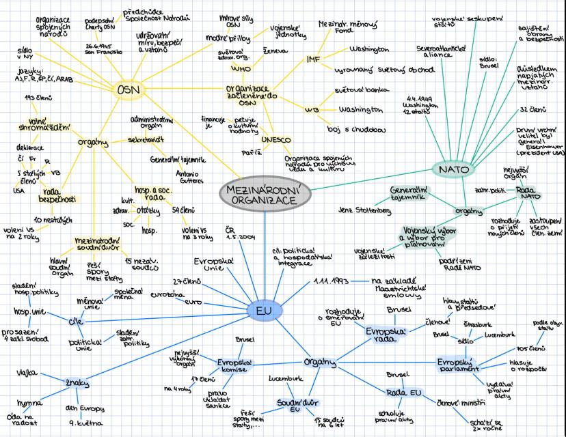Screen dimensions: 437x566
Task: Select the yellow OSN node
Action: (x=128, y=89)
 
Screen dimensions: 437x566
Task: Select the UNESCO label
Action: (x=276, y=141)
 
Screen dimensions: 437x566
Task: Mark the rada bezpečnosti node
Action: (x=59, y=195)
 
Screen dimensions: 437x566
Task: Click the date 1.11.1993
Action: (x=332, y=281)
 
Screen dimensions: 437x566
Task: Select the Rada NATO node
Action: (x=526, y=192)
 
